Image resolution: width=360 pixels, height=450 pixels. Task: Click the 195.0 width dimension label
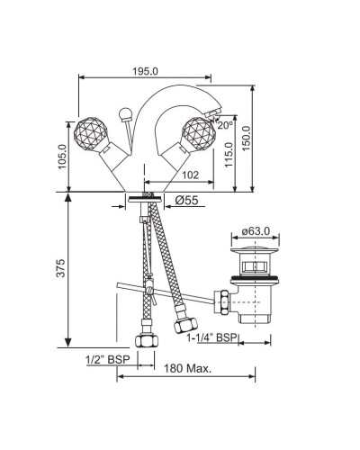point(145,71)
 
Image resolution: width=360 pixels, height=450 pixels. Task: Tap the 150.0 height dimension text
point(246,139)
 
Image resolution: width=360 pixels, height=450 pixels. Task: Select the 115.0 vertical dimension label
point(229,155)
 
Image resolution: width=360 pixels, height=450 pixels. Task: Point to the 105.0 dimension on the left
point(62,157)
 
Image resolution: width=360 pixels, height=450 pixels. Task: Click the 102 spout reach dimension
point(190,175)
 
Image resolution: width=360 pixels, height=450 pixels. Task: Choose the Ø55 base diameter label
point(186,200)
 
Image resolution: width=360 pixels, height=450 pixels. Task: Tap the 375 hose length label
point(60,268)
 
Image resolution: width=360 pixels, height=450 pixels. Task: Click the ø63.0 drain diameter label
point(256,231)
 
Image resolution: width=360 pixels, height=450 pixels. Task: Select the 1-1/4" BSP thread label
point(211,337)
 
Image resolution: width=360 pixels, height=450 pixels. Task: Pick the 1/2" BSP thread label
point(108,359)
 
